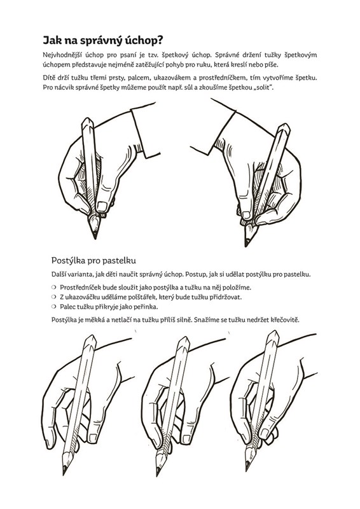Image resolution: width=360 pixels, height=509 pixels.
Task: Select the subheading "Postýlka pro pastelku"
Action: [93, 260]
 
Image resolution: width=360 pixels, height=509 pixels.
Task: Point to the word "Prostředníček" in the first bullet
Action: [80, 288]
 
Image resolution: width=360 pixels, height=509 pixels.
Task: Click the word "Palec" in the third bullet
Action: [68, 307]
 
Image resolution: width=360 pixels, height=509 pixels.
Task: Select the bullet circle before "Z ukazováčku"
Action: [54, 296]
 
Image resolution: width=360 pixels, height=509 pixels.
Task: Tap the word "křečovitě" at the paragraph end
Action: [285, 320]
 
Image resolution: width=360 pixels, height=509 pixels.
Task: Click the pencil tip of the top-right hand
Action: [246, 244]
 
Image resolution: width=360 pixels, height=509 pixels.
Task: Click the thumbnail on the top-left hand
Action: [102, 206]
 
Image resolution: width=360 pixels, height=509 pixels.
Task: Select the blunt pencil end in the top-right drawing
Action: [284, 129]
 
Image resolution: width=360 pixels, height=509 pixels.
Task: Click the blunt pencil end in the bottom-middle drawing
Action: [184, 342]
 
